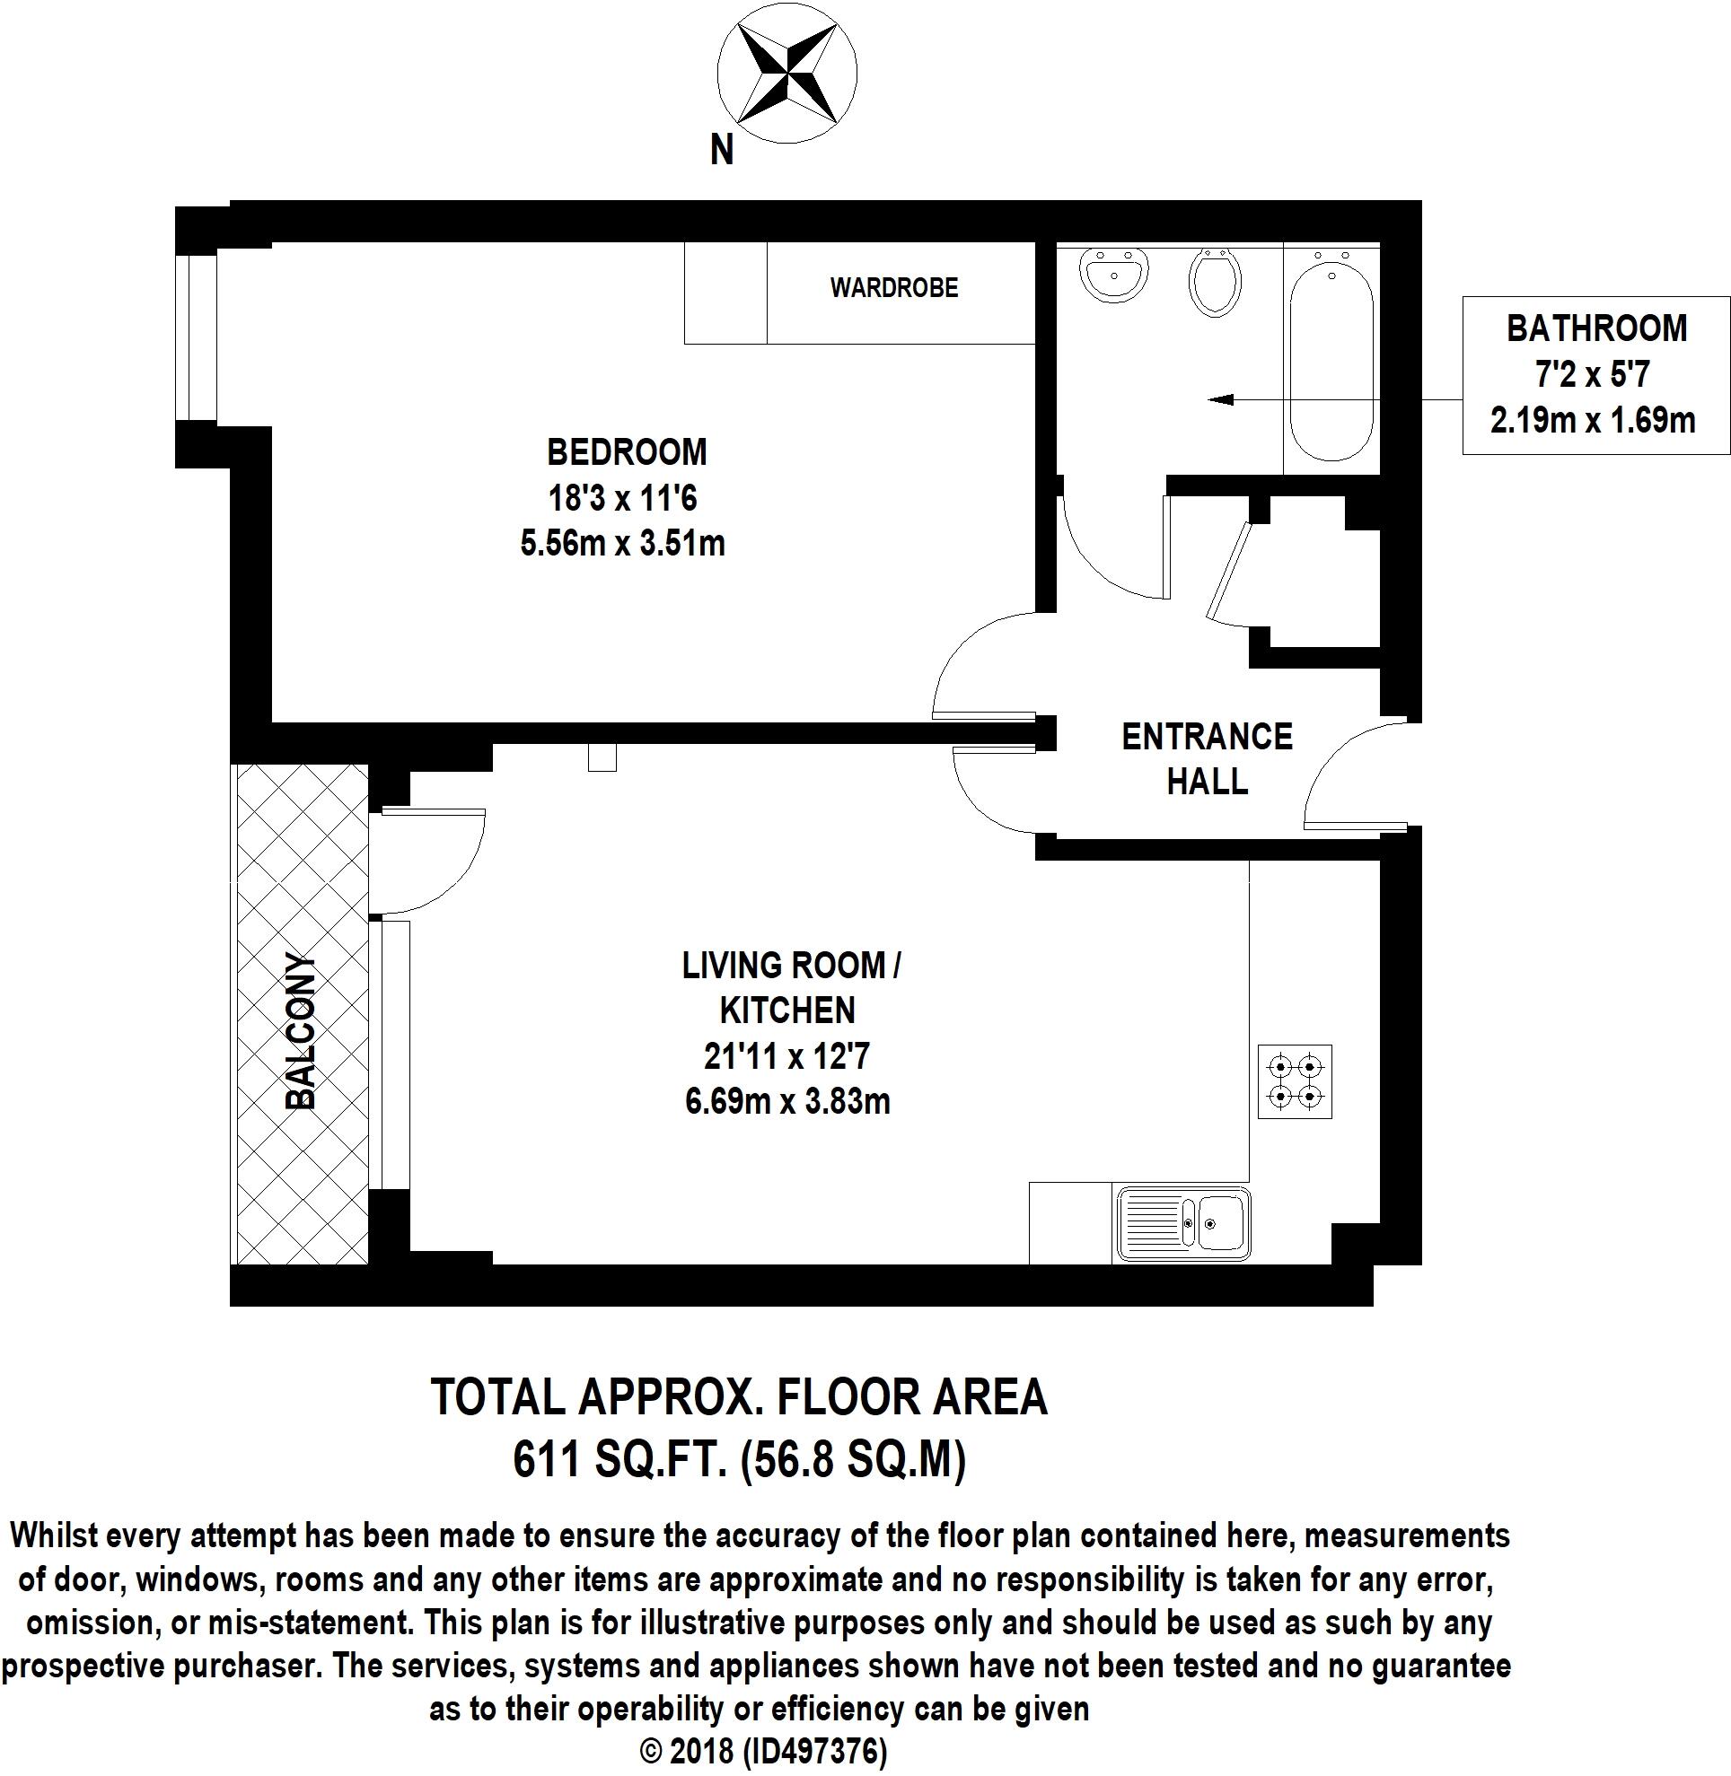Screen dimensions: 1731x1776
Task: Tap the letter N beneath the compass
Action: click(722, 151)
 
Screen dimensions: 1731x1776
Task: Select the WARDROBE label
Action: click(893, 288)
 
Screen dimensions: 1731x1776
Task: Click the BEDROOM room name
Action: click(627, 451)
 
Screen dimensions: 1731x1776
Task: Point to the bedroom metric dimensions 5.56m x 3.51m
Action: click(623, 544)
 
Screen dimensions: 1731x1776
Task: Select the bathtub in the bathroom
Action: click(1331, 356)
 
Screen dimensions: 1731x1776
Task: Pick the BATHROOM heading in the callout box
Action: click(1596, 328)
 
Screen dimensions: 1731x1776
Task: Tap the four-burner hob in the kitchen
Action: click(1295, 1081)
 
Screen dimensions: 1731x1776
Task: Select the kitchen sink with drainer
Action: click(1182, 1224)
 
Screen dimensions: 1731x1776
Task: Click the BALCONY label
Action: click(301, 1031)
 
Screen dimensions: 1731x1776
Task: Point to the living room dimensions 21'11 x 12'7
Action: click(787, 1056)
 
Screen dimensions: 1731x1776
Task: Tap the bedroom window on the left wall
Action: click(197, 338)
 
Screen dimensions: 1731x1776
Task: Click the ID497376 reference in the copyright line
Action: click(814, 1752)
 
